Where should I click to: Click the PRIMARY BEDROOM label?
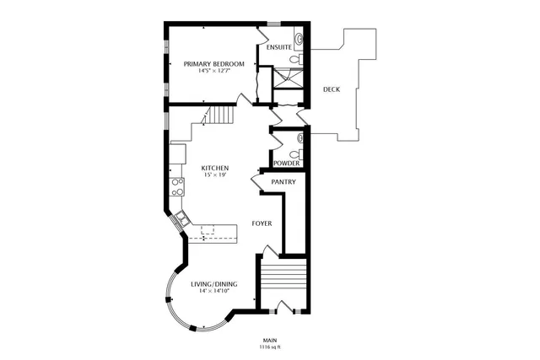214,64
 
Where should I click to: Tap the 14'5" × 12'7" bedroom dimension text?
214,72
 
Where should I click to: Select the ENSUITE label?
278,47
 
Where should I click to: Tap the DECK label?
332,88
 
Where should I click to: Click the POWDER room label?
285,163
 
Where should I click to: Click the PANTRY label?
282,181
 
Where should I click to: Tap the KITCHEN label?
214,169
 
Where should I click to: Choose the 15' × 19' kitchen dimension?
214,176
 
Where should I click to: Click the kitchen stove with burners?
178,185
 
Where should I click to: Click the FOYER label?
262,223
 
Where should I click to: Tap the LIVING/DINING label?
214,283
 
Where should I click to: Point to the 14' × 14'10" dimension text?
214,291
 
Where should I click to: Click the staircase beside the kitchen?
219,115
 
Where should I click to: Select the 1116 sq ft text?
270,347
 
